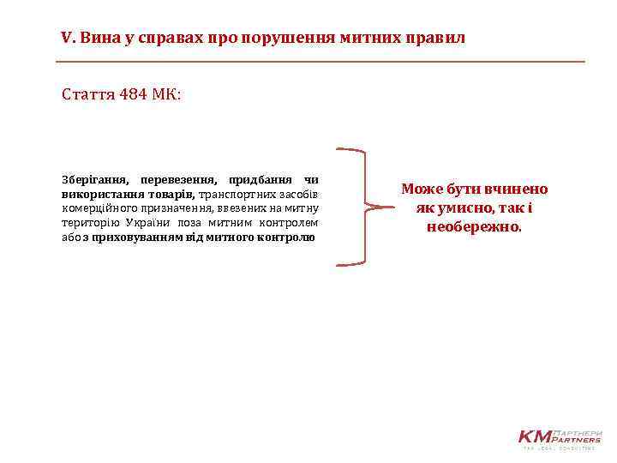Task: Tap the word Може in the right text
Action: pyautogui.click(x=418, y=189)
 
